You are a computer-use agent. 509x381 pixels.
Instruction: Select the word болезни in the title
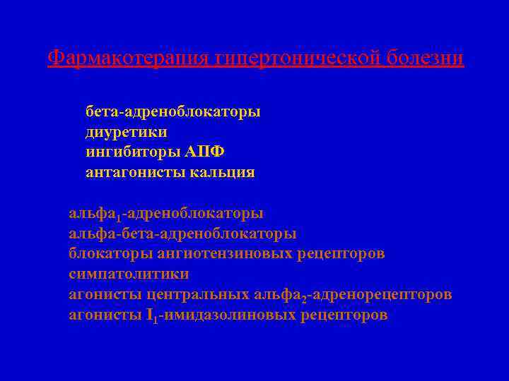click(x=426, y=57)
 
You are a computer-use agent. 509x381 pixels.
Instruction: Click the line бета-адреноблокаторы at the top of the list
click(x=172, y=111)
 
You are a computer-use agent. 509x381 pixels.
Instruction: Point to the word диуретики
click(x=127, y=132)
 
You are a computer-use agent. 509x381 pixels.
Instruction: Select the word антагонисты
click(x=134, y=173)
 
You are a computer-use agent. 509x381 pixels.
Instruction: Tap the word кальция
click(x=222, y=173)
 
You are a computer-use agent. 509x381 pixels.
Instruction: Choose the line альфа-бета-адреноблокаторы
click(x=182, y=233)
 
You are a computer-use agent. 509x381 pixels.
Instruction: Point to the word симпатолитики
click(x=129, y=274)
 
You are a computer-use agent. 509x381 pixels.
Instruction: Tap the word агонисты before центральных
click(x=105, y=294)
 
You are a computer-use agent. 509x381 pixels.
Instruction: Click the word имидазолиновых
click(x=230, y=315)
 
